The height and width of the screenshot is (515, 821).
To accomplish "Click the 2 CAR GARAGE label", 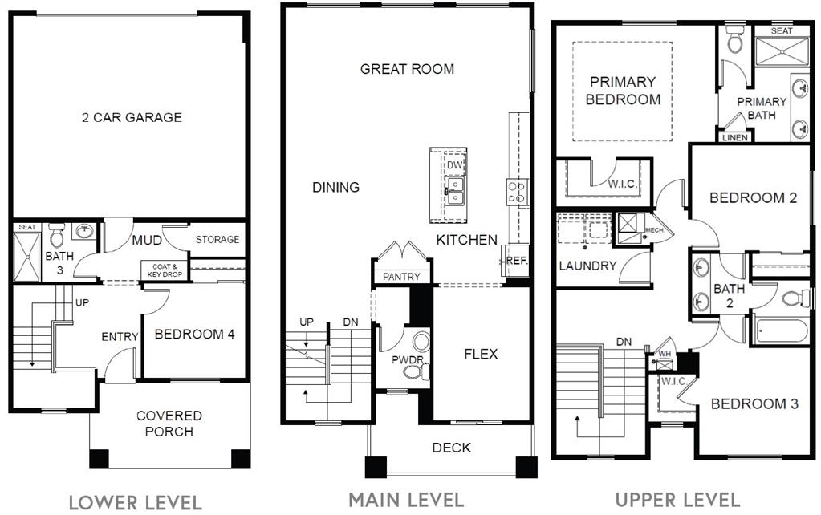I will [x=132, y=117].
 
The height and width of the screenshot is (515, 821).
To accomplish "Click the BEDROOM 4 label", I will [x=194, y=334].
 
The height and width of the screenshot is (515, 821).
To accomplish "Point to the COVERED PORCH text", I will [x=169, y=424].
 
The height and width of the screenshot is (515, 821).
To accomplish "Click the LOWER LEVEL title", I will [x=135, y=502].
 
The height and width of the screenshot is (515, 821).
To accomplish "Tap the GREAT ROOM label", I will [x=407, y=69].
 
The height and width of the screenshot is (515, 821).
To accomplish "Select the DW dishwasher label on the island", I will [x=454, y=165].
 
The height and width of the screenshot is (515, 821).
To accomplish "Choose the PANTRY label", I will [x=401, y=277].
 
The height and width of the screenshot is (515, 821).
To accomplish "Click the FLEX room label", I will [x=481, y=353].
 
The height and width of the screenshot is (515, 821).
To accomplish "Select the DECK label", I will [x=451, y=448].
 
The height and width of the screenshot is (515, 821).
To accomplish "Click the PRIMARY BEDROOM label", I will [x=623, y=91].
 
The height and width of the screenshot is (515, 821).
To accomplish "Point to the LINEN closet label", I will [x=734, y=137].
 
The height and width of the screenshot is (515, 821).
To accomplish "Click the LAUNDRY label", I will [x=587, y=266].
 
